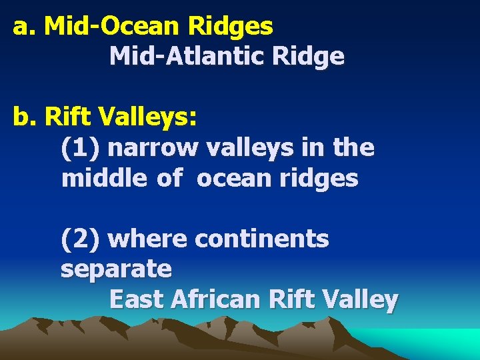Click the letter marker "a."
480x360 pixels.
25,27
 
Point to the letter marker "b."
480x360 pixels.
26,117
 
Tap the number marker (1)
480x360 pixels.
81,148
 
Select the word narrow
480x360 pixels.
153,148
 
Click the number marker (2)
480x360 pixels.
81,239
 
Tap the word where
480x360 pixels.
147,239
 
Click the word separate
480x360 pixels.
116,269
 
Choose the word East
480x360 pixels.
137,300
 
